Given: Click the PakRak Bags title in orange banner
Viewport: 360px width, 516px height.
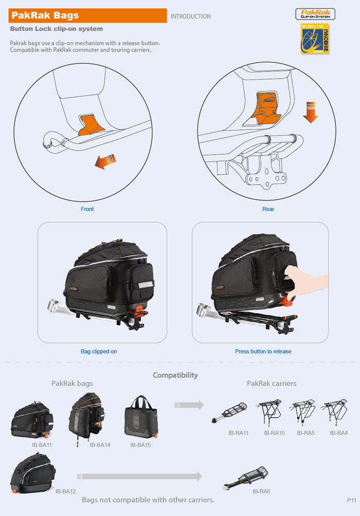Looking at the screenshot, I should [45, 15].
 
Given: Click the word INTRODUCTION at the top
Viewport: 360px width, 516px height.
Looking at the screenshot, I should [190, 17].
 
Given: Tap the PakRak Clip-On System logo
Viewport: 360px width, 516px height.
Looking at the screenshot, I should [315, 14].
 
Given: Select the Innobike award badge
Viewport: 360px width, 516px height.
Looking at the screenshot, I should [315, 39].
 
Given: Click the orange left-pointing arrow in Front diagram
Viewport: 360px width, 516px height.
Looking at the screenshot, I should [105, 163].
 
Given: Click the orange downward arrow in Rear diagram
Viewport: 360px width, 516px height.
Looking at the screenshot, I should [310, 112].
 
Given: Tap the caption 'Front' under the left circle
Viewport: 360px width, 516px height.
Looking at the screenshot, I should [87, 209].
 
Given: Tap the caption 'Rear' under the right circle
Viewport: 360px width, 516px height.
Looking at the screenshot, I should [268, 209].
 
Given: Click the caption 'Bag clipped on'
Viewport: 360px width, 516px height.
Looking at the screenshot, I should [99, 351].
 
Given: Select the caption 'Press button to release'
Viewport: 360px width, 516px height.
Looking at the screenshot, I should [263, 351].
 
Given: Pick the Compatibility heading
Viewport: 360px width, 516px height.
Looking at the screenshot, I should [175, 375].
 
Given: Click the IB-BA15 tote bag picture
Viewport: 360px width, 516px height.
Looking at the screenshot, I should [140, 417].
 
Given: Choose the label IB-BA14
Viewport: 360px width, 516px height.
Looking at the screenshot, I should [100, 444].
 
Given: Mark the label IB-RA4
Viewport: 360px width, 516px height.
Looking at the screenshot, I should [339, 433].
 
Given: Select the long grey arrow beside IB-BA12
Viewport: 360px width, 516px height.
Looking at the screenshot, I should [139, 477].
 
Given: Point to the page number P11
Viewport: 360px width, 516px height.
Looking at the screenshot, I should [352, 501].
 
